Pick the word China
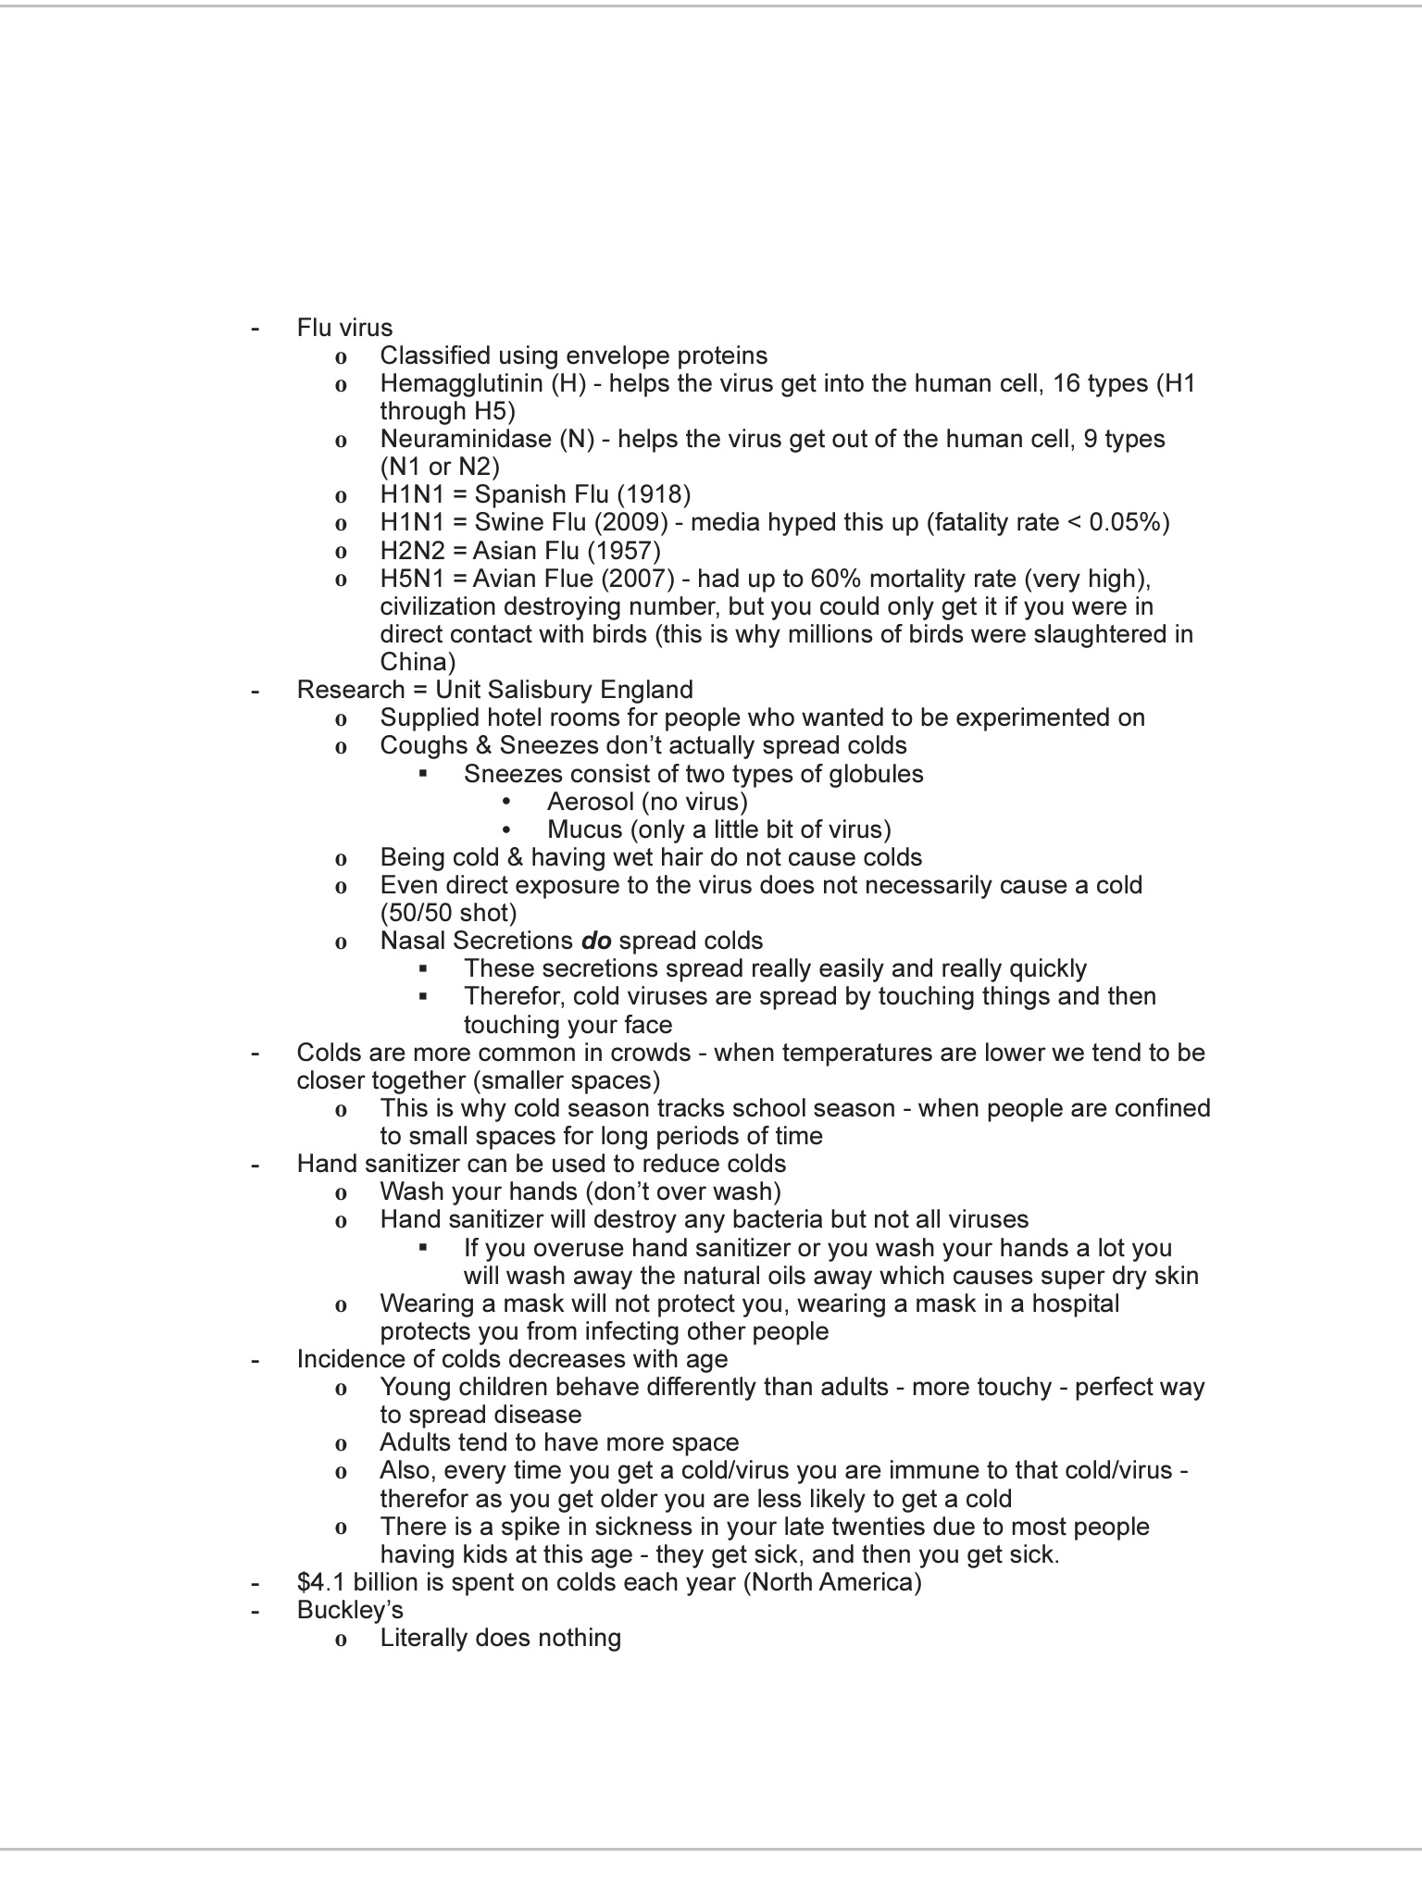point(414,663)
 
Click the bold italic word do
point(596,942)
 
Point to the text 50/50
point(424,914)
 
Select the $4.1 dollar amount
point(321,1582)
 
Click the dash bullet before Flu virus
point(255,329)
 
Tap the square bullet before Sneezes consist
point(423,774)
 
